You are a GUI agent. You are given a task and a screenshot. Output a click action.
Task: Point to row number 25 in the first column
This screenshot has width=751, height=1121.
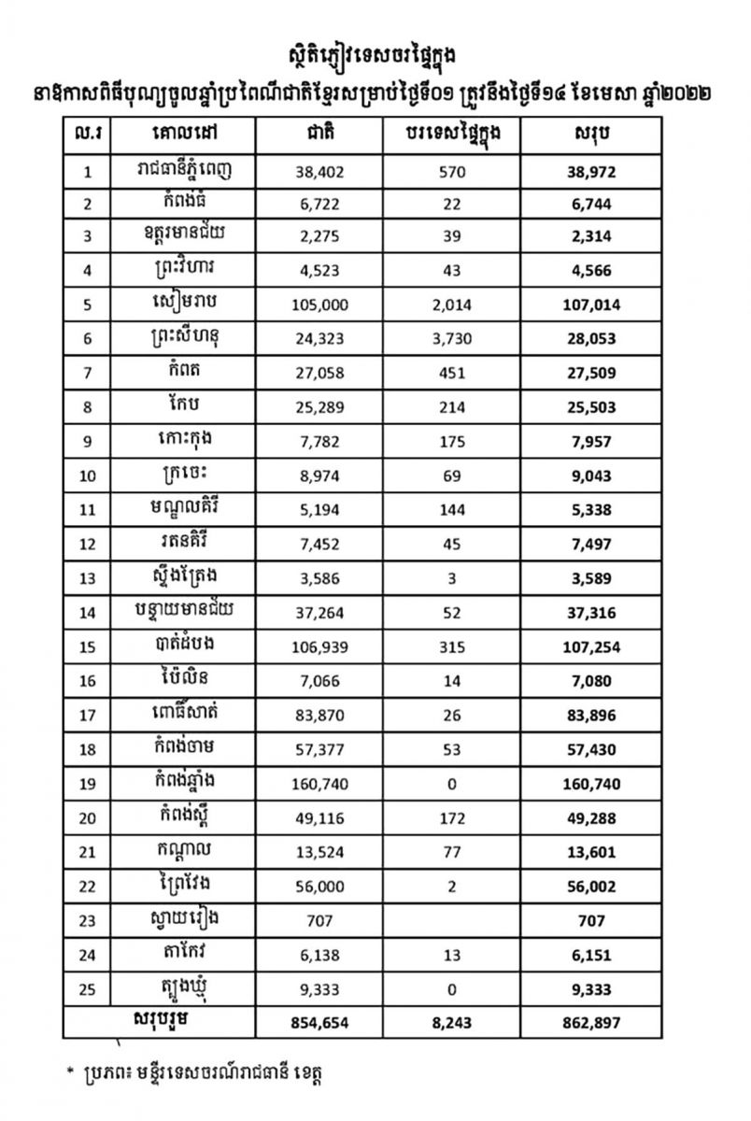pos(88,988)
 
